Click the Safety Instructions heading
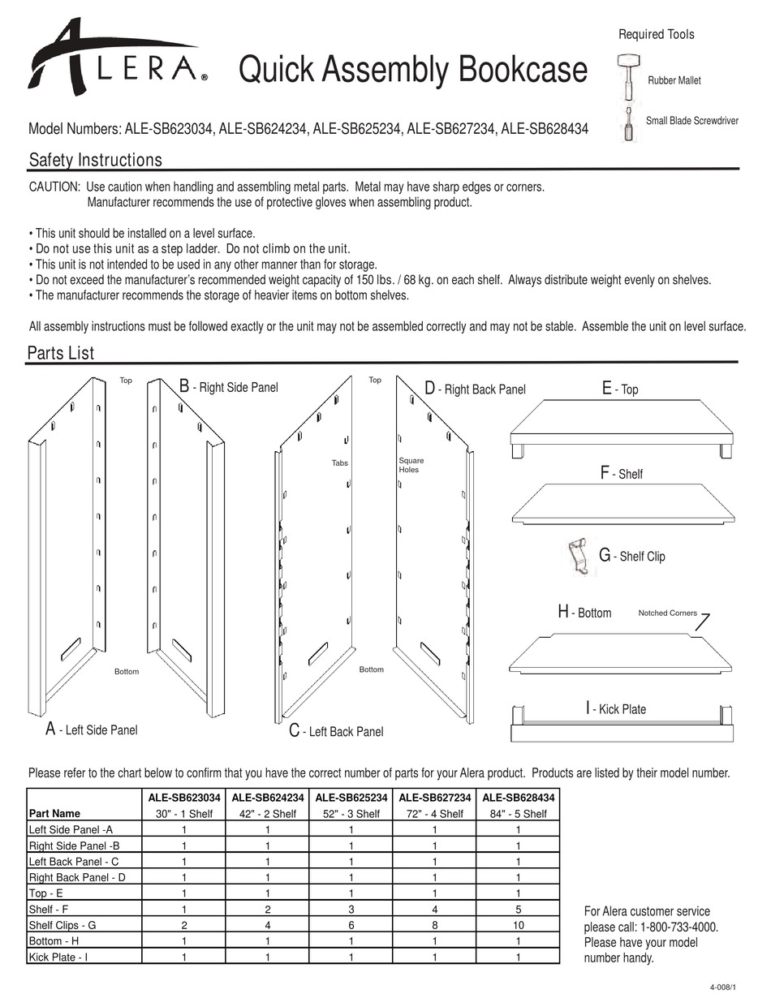[x=95, y=160]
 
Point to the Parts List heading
[x=61, y=353]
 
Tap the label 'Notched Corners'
[x=667, y=613]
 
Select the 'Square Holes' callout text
[x=411, y=465]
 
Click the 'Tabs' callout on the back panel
[x=339, y=463]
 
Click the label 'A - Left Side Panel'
[x=92, y=729]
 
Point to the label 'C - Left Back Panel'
[x=336, y=731]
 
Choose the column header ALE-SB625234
[x=351, y=798]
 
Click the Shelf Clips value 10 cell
[x=518, y=925]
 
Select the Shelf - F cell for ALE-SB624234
[x=268, y=910]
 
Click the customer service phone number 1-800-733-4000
[x=678, y=927]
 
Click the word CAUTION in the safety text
[x=54, y=187]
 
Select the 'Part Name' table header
[x=54, y=813]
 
